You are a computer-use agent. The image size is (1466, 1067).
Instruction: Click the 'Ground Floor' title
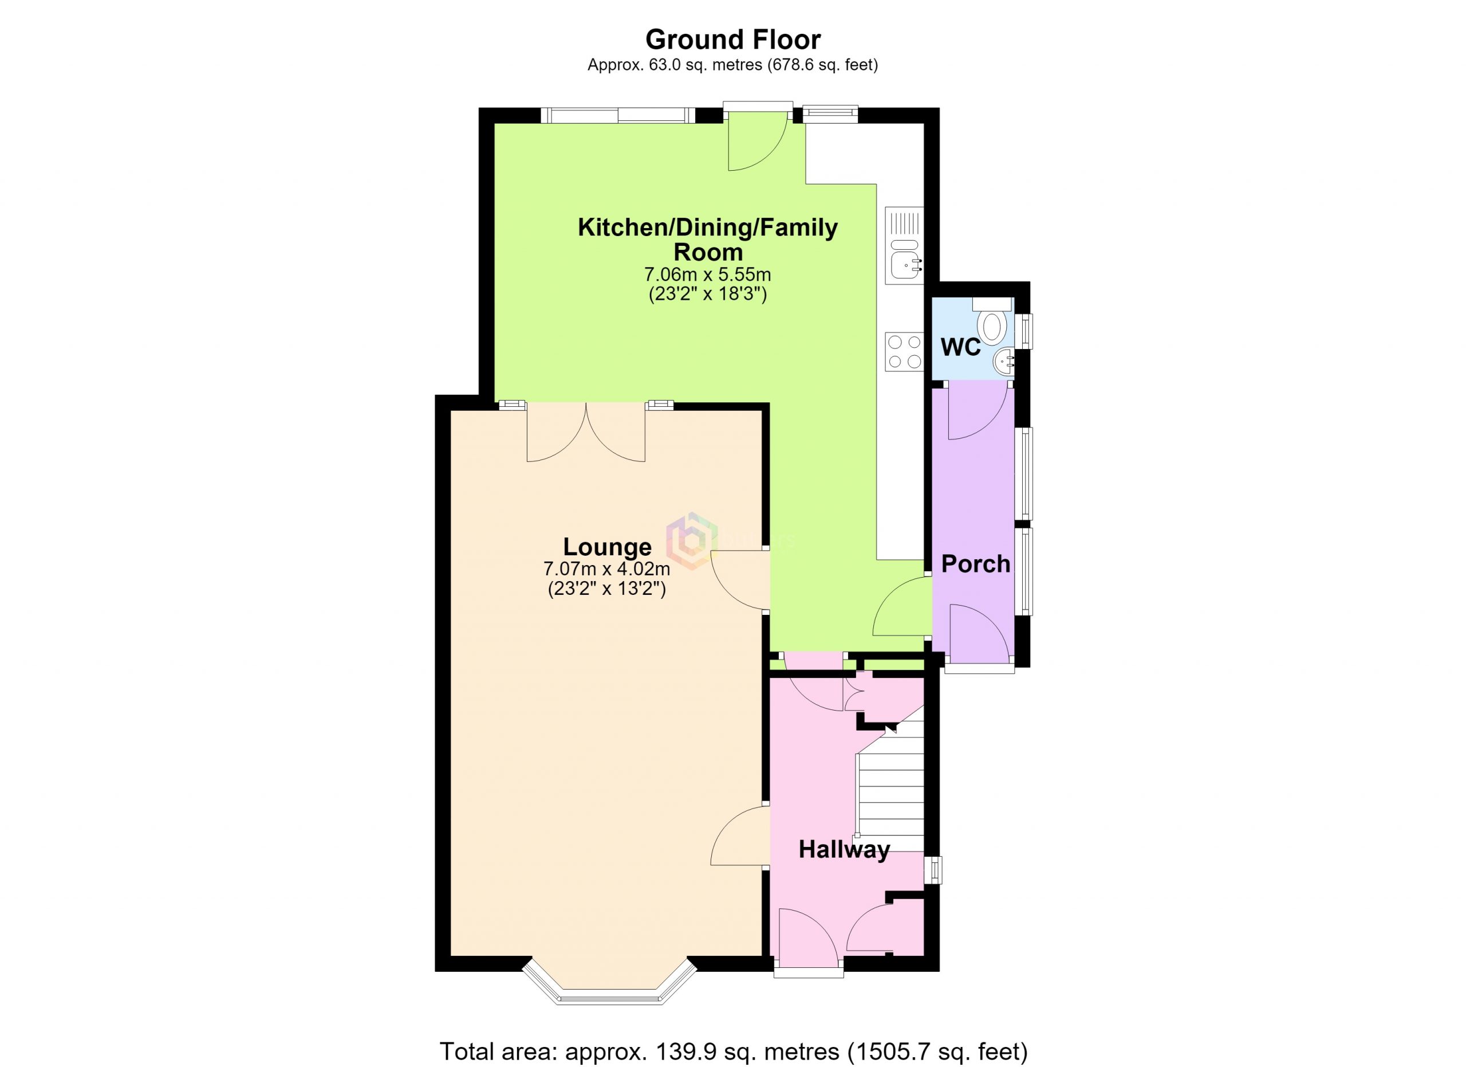pos(732,40)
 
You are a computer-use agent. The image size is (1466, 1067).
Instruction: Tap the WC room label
pos(960,348)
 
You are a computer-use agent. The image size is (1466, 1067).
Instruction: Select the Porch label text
pos(975,564)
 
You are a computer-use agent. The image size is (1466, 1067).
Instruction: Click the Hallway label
pos(844,849)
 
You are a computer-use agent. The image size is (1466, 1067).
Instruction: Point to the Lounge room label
pos(607,547)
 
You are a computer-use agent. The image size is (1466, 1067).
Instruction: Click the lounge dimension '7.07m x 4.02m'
pos(606,569)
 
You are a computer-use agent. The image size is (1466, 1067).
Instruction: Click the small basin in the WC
pos(1004,362)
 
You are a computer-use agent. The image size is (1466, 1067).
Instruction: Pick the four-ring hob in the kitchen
pos(904,352)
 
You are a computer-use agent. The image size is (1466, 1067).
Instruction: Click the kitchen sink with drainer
pos(904,246)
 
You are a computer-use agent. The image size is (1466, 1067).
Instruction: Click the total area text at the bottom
pos(733,1051)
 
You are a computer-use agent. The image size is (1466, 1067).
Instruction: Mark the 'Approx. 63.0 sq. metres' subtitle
pos(732,65)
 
